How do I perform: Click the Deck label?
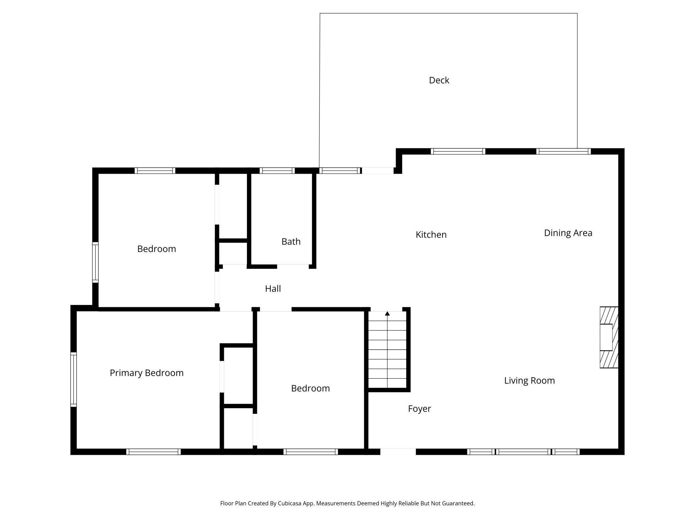coord(439,80)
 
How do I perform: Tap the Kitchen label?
coord(431,234)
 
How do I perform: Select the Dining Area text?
coord(568,233)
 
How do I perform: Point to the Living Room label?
coord(529,380)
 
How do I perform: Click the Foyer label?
coord(419,409)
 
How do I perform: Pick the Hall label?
coord(273,289)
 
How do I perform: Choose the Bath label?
coord(291,241)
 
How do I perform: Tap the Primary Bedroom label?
coord(147,373)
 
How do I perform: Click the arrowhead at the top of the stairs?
coord(387,314)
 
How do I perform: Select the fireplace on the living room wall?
coord(609,337)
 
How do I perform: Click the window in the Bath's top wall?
coord(277,171)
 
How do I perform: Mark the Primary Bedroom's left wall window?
coord(74,379)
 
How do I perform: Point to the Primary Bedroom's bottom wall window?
coord(153,452)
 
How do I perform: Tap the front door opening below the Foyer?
coord(398,452)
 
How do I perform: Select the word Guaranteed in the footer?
coord(458,503)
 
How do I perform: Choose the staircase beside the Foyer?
coord(387,350)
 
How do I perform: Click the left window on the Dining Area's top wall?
coord(458,151)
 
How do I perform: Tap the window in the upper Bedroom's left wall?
coord(96,263)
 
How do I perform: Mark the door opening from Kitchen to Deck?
coord(378,171)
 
